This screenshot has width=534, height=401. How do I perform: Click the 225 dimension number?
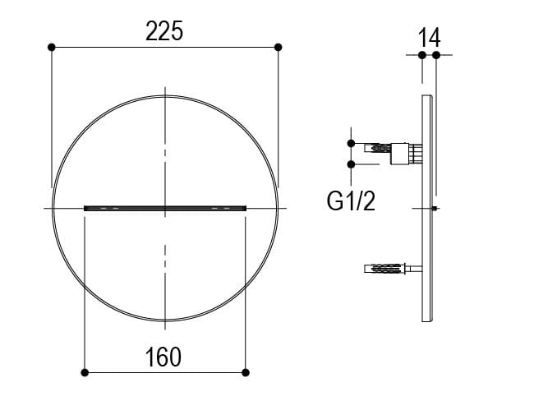pos(164,31)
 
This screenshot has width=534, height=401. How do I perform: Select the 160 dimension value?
pos(164,357)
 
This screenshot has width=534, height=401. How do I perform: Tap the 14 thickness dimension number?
pos(429,37)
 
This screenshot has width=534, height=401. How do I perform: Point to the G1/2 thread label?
pos(351,200)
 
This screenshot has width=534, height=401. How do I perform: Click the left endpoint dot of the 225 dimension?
pos(52,48)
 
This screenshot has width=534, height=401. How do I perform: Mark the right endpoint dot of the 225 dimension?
pos(278,48)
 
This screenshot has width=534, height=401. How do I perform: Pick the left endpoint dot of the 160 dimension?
pos(85,372)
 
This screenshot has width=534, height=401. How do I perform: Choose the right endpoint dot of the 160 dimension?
pos(245,372)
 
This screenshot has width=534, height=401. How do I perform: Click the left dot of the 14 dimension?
pos(421,55)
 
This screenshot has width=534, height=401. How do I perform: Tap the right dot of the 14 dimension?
pos(435,55)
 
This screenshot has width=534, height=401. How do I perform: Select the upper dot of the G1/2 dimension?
pos(352,144)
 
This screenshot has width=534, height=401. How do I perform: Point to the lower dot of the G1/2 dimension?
pos(352,164)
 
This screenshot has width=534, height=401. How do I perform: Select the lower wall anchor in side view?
pos(386,269)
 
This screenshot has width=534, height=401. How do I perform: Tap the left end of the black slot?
pos(86,209)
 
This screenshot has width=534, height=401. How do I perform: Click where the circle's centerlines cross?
pos(165,209)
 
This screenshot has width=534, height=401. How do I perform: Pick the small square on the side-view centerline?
pos(435,209)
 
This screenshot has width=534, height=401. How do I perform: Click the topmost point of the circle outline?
pos(165,97)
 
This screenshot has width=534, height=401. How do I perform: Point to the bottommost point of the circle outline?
pos(165,321)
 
